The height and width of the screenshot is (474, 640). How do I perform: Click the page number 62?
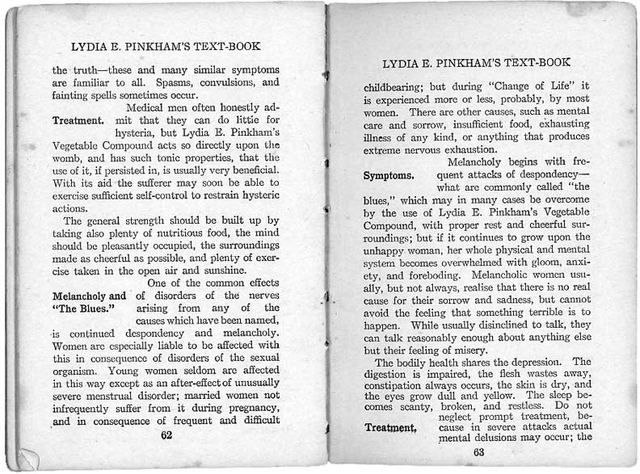point(166,434)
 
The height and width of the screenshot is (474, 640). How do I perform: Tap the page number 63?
point(478,451)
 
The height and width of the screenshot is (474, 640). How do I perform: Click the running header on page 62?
point(166,47)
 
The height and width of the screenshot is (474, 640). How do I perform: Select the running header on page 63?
point(477,62)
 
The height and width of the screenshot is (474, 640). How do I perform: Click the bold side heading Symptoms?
point(389,174)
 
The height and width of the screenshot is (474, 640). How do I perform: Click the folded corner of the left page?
point(26,459)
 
